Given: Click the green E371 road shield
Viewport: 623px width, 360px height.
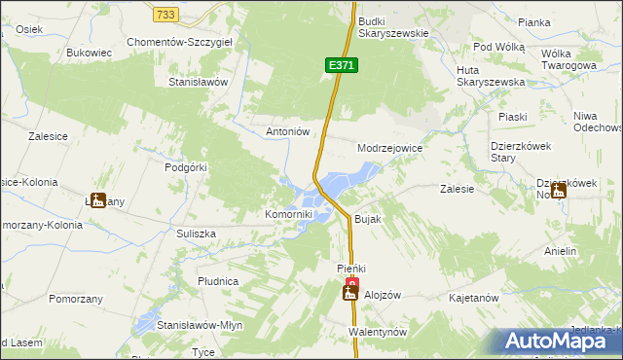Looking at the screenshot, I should [342, 65].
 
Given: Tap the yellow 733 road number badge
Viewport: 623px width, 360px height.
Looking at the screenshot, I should [165, 14].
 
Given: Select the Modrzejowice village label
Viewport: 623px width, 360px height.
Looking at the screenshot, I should [389, 148].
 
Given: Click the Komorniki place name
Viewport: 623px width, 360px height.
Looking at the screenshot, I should [289, 214].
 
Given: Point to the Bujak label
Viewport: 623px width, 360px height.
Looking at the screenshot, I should [367, 220].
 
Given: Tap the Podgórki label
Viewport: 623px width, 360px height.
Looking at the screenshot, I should [186, 167].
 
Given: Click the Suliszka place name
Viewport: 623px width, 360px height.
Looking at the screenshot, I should [196, 234].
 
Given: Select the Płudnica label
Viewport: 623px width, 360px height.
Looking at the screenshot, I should [217, 281].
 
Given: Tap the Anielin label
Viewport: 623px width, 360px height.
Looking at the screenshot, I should [561, 251].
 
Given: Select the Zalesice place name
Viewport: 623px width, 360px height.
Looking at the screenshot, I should [48, 137].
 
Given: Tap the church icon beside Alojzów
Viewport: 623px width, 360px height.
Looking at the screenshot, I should [350, 292].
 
